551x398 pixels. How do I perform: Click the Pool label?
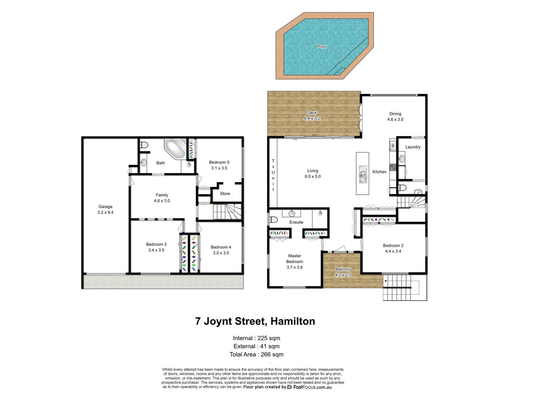click(321, 46)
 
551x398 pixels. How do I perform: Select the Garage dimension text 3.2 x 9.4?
click(105, 212)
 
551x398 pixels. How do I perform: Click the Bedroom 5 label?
click(219, 162)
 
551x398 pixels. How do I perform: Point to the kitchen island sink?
click(362, 174)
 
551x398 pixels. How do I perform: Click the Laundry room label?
click(413, 147)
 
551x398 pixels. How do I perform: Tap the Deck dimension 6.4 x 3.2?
click(312, 118)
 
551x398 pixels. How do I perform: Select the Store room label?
click(225, 194)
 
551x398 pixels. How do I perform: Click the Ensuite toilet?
click(273, 220)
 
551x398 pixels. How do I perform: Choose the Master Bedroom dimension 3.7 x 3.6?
click(294, 267)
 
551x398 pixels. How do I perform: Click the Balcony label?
click(343, 269)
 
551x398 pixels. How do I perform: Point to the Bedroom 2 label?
click(393, 245)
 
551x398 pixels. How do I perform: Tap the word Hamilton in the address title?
click(293, 321)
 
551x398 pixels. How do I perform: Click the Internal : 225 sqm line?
click(257, 338)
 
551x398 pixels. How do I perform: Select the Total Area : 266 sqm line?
click(257, 354)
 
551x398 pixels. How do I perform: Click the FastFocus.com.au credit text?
click(312, 387)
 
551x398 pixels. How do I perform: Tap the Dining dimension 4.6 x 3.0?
click(395, 119)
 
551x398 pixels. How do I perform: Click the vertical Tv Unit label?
click(273, 175)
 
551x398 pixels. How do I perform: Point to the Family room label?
click(162, 195)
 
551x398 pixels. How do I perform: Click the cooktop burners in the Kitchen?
click(393, 167)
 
